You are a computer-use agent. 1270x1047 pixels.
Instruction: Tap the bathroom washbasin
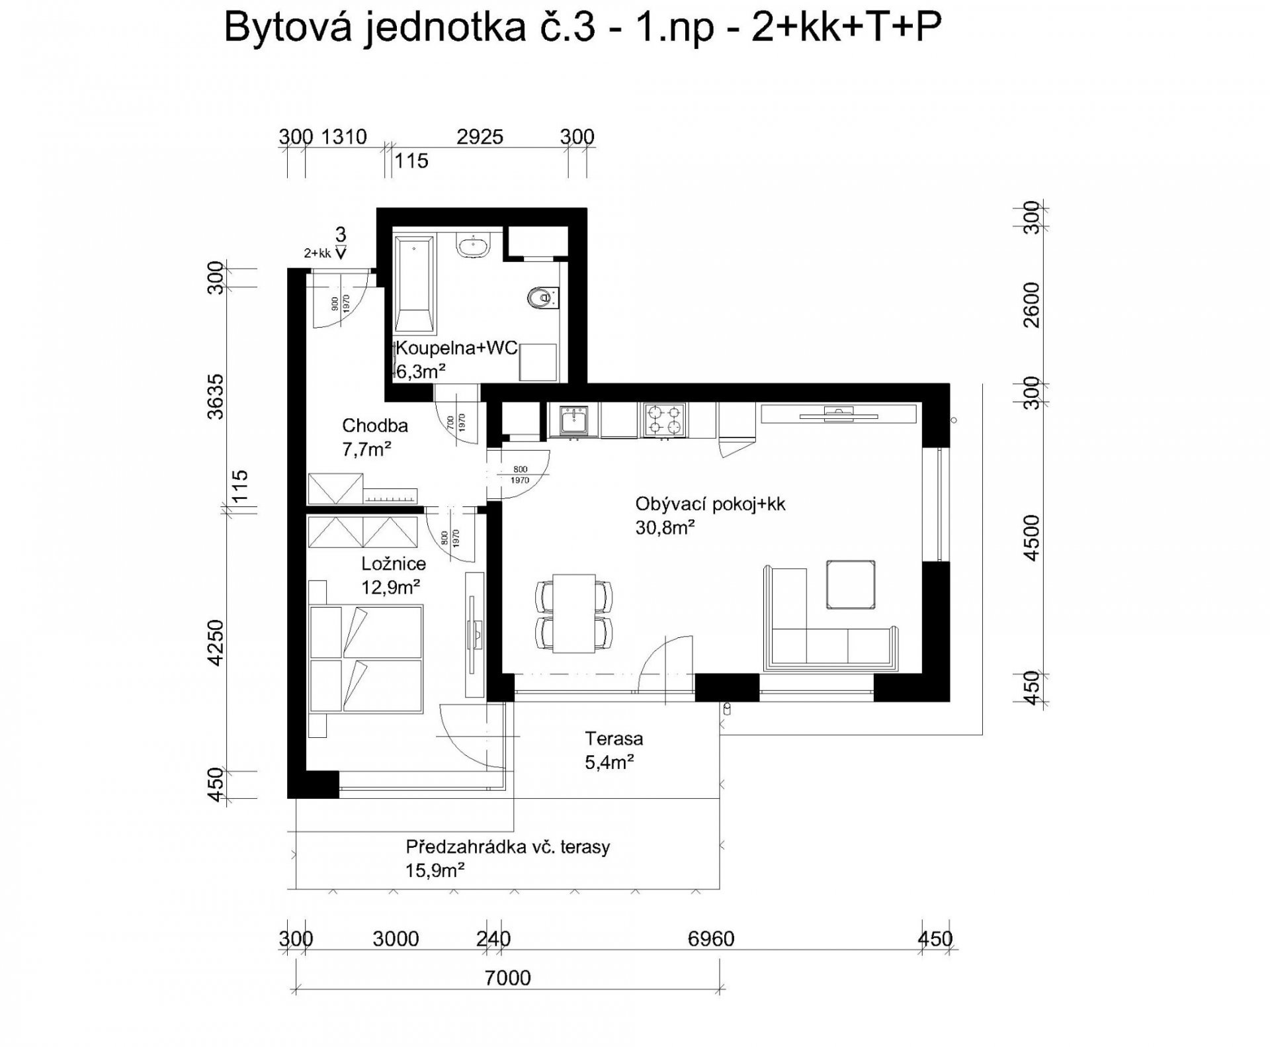pyautogui.click(x=474, y=247)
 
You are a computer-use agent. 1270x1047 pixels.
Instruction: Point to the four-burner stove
pyautogui.click(x=663, y=420)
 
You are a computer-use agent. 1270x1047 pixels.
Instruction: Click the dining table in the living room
pyautogui.click(x=573, y=614)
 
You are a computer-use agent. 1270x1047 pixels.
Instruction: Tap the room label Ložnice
pyautogui.click(x=394, y=564)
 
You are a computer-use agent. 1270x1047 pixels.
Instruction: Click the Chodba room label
pyautogui.click(x=375, y=426)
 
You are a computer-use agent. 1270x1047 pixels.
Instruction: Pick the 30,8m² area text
pyautogui.click(x=665, y=527)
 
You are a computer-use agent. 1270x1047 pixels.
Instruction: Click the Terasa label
pyautogui.click(x=614, y=738)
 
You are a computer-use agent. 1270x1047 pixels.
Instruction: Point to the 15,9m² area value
pyautogui.click(x=435, y=869)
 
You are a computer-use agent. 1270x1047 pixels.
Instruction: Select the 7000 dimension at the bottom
pyautogui.click(x=507, y=978)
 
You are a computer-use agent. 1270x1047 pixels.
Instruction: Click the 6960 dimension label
pyautogui.click(x=711, y=938)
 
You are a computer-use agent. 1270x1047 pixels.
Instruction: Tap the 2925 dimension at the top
pyautogui.click(x=480, y=137)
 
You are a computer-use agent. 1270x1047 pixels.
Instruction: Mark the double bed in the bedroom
pyautogui.click(x=366, y=659)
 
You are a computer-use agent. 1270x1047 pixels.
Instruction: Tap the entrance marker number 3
pyautogui.click(x=341, y=234)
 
